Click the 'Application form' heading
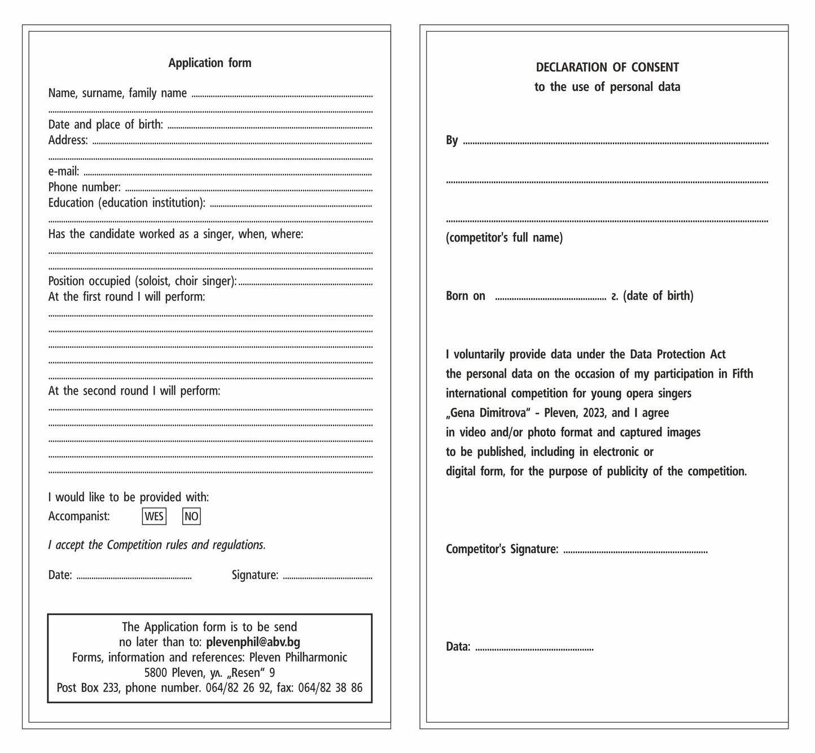click(209, 63)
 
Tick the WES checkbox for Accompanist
click(154, 516)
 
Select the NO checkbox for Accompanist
click(191, 516)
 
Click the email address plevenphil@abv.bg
click(253, 642)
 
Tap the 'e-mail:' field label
click(64, 171)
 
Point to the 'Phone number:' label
click(84, 187)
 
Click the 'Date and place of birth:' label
click(106, 124)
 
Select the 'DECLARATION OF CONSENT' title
click(607, 67)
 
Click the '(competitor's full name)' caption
click(504, 238)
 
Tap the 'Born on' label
click(465, 296)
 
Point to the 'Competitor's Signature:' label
click(502, 549)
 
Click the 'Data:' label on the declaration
click(458, 646)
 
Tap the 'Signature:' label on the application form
click(255, 575)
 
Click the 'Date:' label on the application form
click(60, 575)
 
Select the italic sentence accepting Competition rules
click(157, 545)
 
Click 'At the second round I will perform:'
click(134, 391)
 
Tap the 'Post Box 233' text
click(87, 688)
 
